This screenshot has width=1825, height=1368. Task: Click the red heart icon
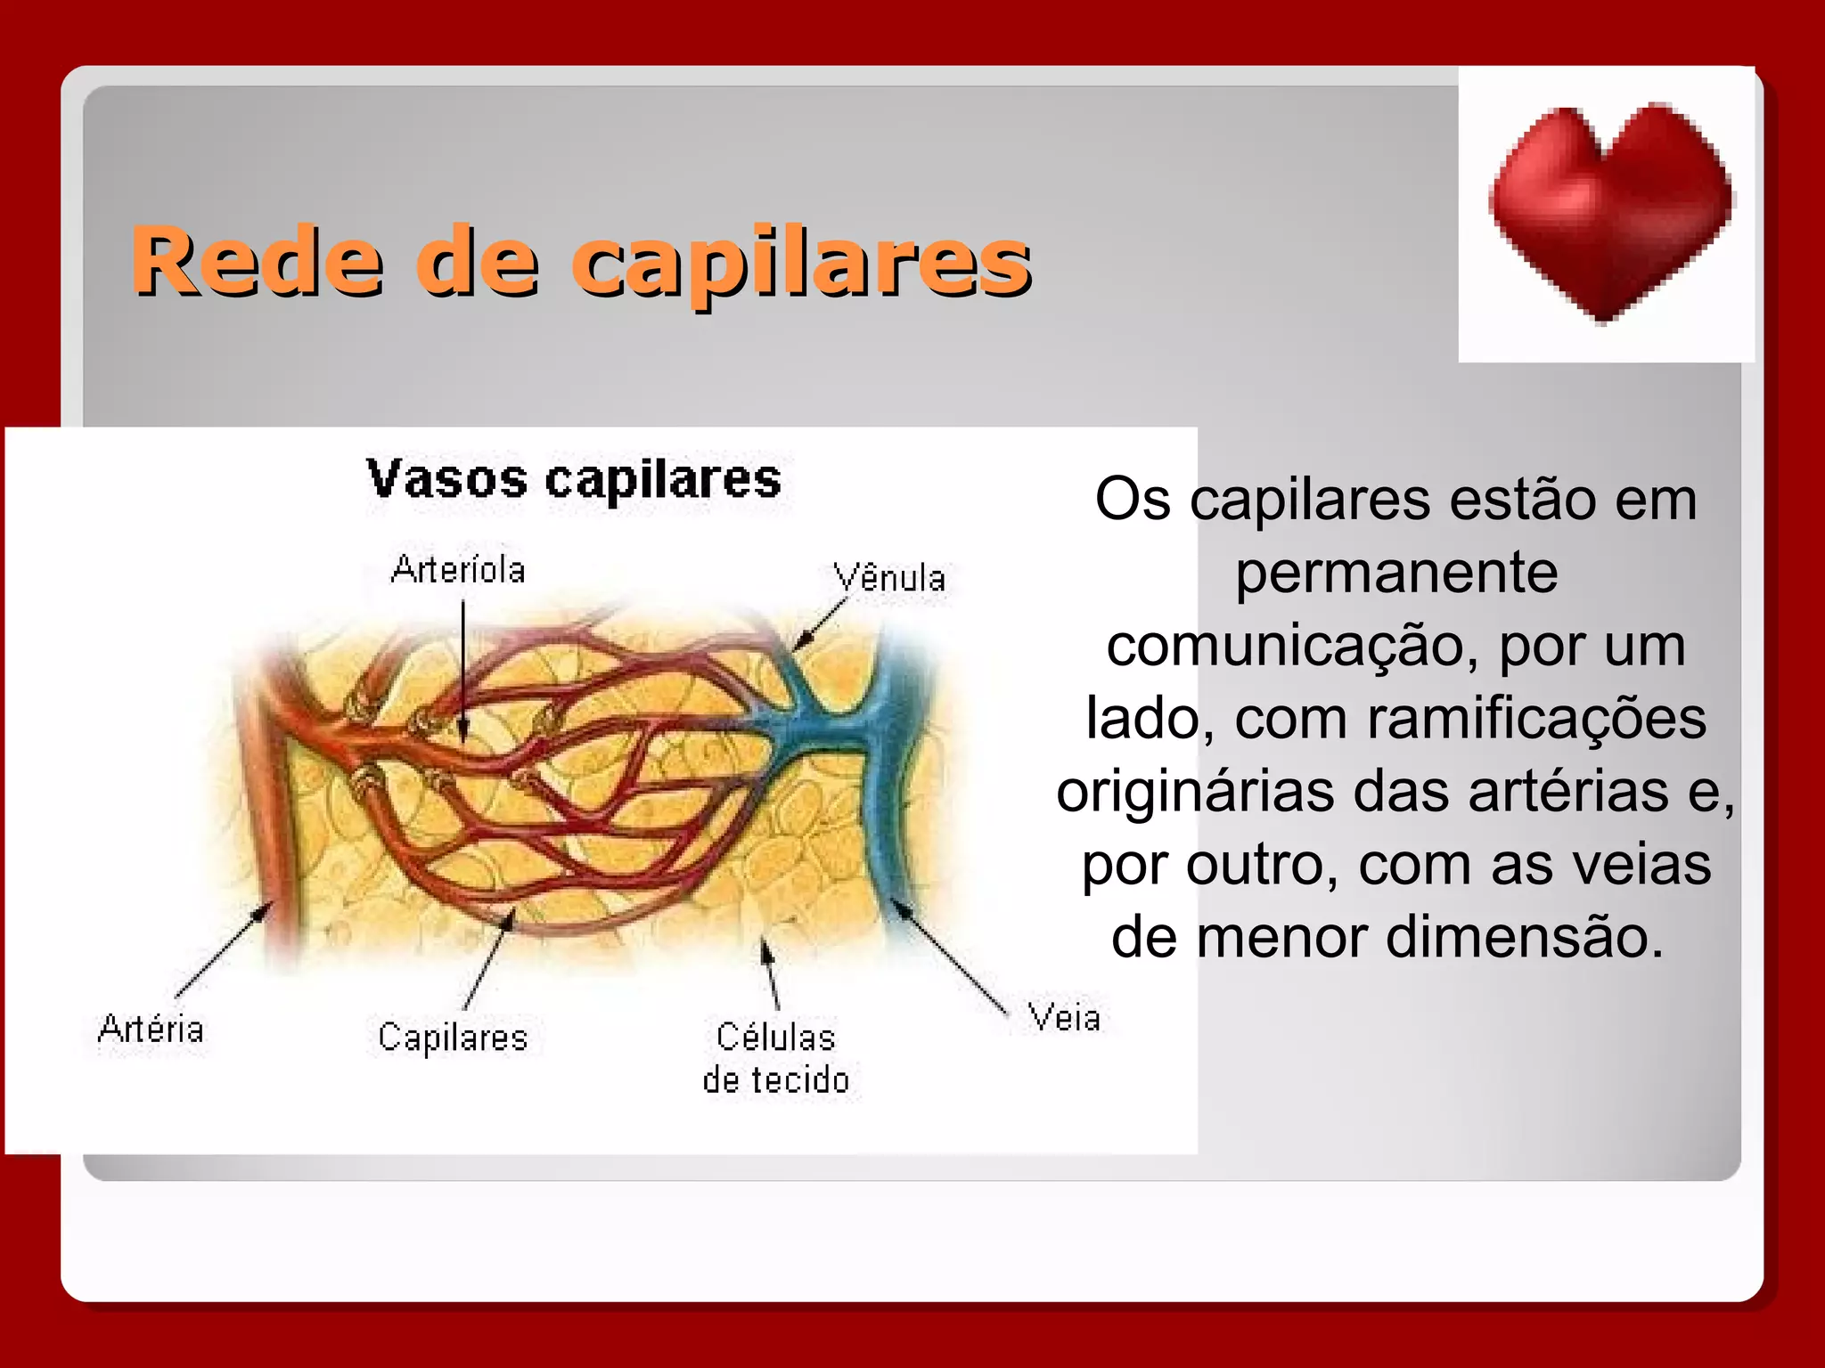tap(1608, 210)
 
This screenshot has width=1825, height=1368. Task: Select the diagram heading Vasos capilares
tap(574, 480)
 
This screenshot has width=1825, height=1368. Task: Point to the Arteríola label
tap(458, 570)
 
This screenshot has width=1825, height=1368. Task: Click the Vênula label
tap(889, 578)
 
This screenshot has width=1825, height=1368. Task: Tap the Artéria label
tap(151, 1029)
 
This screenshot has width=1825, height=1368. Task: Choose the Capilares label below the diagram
tap(453, 1038)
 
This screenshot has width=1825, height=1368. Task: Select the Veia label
tap(1064, 1018)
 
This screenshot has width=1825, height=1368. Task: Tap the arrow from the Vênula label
tap(820, 626)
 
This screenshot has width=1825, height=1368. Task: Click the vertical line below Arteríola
tap(463, 668)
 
